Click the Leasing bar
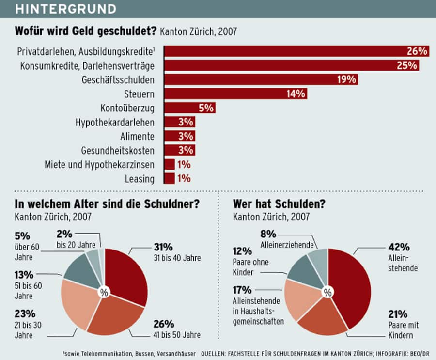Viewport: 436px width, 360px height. tap(170, 178)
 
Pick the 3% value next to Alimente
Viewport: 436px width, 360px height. tap(186, 136)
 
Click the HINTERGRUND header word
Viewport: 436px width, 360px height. tap(66, 9)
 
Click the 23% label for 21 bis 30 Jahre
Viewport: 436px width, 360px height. tap(24, 313)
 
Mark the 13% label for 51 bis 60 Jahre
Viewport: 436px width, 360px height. tap(24, 275)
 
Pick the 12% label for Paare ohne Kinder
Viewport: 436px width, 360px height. tap(242, 251)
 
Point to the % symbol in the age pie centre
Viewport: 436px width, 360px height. tap(103, 292)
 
